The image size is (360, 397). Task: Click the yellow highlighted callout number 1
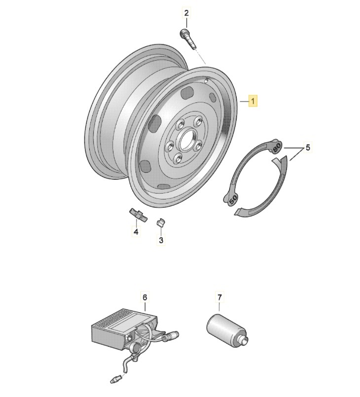253,101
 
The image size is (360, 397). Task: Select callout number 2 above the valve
186,13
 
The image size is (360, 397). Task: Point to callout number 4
135,232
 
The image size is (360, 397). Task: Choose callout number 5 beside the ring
308,147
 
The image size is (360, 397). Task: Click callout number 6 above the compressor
144,298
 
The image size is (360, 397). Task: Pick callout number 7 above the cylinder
220,298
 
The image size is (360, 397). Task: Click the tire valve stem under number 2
187,39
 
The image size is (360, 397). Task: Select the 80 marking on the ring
277,146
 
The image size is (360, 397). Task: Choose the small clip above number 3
160,223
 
